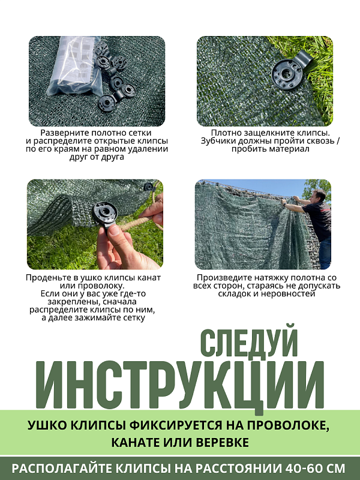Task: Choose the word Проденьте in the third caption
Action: (47, 278)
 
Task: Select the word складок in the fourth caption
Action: (236, 295)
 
